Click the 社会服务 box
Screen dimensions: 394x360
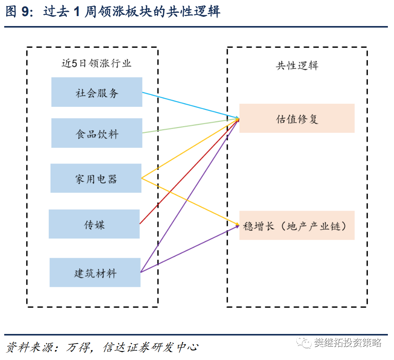[97, 92]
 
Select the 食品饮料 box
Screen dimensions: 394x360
[97, 133]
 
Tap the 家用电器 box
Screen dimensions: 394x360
[96, 178]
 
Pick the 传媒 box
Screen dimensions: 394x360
[94, 224]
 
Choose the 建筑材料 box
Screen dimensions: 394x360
[95, 272]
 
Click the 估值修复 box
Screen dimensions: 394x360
[297, 118]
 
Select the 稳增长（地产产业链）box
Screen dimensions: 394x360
[297, 226]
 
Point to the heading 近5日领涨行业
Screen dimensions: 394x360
[97, 63]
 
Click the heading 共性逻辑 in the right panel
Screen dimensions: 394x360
[297, 65]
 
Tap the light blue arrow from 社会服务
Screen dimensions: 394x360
[191, 105]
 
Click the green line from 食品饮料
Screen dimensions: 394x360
[191, 126]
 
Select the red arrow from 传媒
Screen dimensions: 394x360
[189, 171]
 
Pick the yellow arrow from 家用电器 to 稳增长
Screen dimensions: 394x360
[190, 201]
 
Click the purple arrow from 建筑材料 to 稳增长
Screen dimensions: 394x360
[190, 249]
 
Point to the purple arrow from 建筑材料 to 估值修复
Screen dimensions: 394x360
[190, 195]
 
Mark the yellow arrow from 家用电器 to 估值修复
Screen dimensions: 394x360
[190, 148]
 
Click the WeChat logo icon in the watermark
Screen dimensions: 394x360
[304, 342]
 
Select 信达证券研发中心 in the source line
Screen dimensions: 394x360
[151, 347]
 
